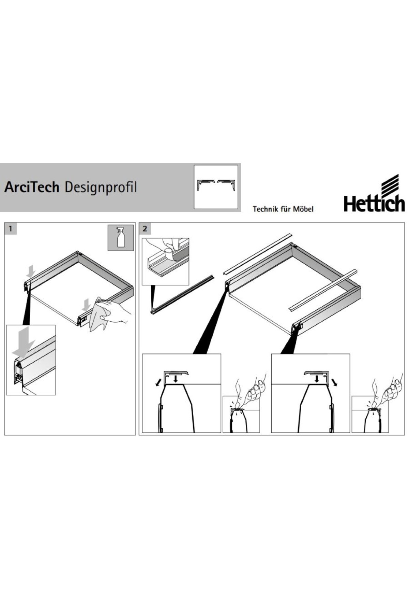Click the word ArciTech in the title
pos(32,187)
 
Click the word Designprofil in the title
pos(101,188)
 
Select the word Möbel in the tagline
pos(303,209)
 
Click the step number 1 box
pos(11,228)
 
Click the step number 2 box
pos(145,228)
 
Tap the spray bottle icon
pos(121,238)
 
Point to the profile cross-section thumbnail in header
pos(216,187)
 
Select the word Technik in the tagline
pos(265,209)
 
